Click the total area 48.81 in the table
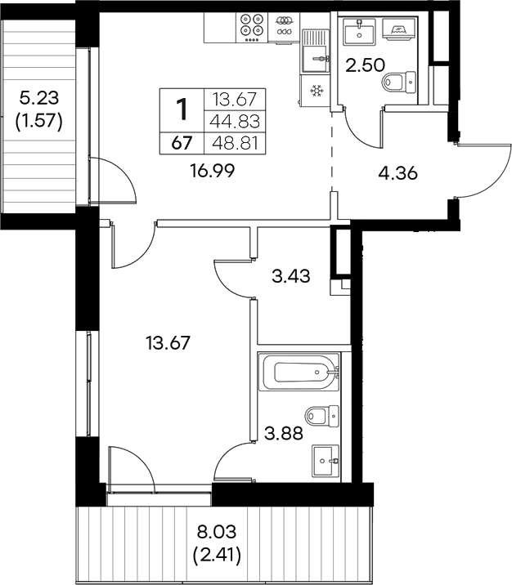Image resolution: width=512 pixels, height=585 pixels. (236, 142)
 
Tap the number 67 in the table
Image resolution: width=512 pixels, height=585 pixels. (182, 142)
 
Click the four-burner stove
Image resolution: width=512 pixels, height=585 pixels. (252, 26)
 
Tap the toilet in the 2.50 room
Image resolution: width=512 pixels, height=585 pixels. (399, 82)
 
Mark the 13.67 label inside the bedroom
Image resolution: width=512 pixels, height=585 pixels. (167, 343)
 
